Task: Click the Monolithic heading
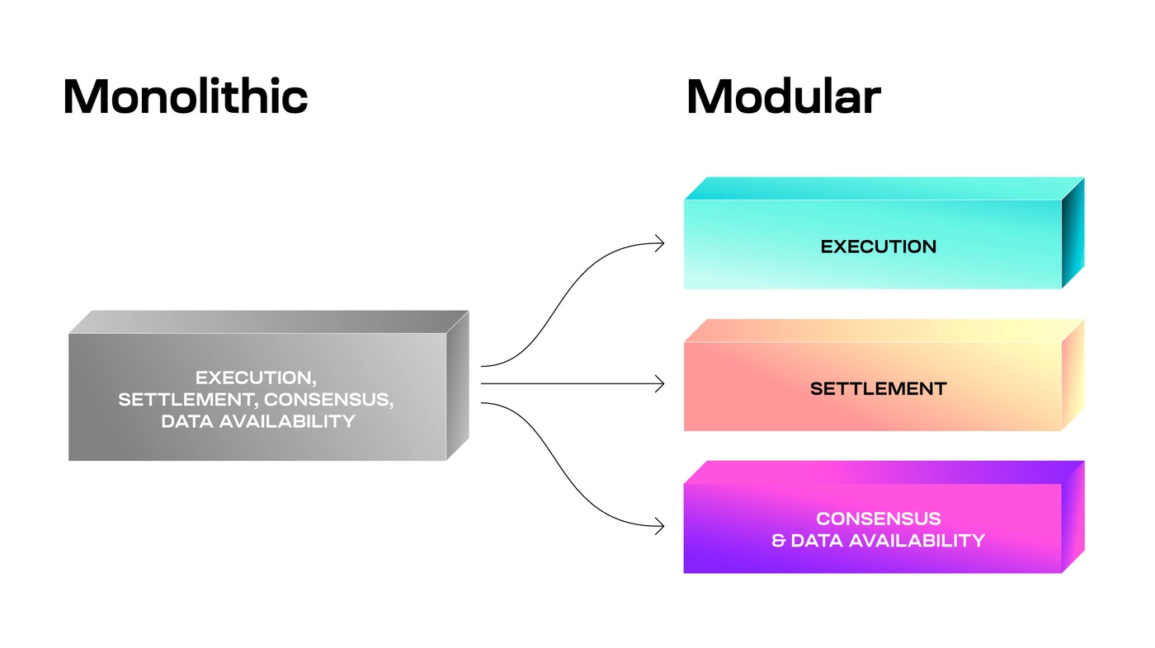[x=186, y=96]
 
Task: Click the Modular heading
[x=783, y=96]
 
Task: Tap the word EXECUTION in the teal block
[x=878, y=247]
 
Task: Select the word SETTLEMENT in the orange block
[x=878, y=388]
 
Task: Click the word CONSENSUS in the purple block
[x=878, y=519]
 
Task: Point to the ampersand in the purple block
[x=778, y=541]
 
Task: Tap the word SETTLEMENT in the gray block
[x=168, y=400]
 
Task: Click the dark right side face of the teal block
[x=1072, y=233]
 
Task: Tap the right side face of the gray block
[x=457, y=385]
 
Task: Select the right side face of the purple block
[x=1072, y=517]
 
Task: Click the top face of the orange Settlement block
[x=883, y=331]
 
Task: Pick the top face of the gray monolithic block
[x=268, y=322]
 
